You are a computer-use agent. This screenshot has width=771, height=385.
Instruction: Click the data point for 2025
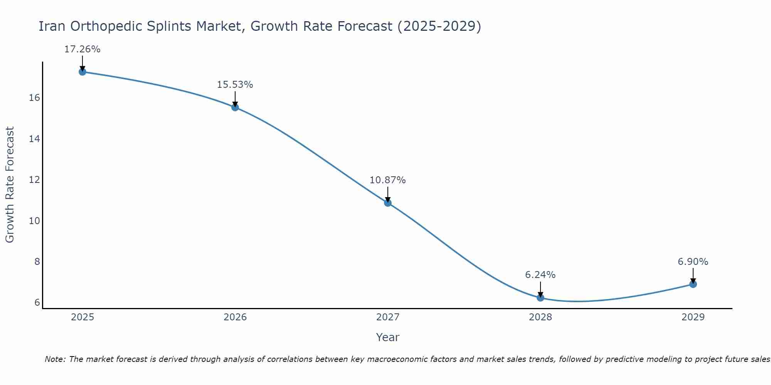click(x=82, y=72)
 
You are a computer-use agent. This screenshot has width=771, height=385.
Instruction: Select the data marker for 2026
click(x=235, y=107)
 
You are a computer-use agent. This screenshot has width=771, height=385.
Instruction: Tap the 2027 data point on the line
click(x=388, y=203)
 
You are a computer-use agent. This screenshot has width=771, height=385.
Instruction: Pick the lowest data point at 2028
click(x=540, y=298)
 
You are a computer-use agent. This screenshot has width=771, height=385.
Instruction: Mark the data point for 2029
click(x=693, y=284)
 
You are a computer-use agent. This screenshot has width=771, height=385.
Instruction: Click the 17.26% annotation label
click(x=82, y=49)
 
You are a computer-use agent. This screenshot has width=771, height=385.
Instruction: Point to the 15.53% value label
click(x=235, y=85)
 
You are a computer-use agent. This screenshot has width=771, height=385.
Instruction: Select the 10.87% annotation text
click(x=387, y=180)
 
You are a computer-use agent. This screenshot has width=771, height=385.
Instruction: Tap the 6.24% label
click(x=540, y=275)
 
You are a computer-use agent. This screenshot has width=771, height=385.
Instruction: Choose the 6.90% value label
click(x=693, y=262)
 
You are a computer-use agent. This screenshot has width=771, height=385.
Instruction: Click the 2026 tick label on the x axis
click(x=235, y=317)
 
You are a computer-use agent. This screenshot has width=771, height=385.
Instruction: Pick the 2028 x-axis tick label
click(x=540, y=317)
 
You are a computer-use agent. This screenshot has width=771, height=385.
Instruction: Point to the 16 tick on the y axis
click(x=34, y=98)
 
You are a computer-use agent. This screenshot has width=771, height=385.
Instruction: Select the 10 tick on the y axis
click(x=34, y=221)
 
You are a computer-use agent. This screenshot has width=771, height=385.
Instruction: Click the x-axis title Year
click(x=387, y=337)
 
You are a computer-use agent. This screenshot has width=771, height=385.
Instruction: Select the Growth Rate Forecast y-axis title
click(x=10, y=185)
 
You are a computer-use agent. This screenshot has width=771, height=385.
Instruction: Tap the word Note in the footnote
click(x=55, y=359)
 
